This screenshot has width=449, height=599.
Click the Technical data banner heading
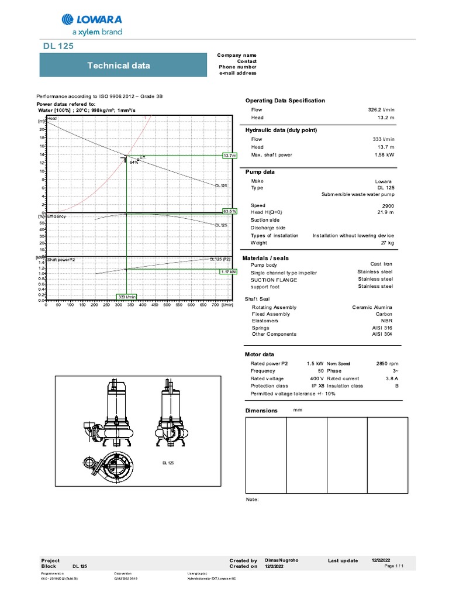click(118, 65)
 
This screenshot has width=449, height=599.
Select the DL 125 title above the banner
click(58, 46)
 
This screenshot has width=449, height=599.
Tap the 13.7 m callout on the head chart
click(230, 156)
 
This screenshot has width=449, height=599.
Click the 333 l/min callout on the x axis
click(127, 297)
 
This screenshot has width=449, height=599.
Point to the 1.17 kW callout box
click(229, 272)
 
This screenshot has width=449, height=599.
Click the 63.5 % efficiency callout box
click(230, 211)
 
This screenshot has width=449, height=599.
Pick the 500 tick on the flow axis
click(167, 305)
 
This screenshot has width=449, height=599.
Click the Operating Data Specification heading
click(285, 101)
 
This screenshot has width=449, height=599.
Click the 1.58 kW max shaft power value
click(384, 154)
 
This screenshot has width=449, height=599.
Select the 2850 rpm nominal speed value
click(381, 363)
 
